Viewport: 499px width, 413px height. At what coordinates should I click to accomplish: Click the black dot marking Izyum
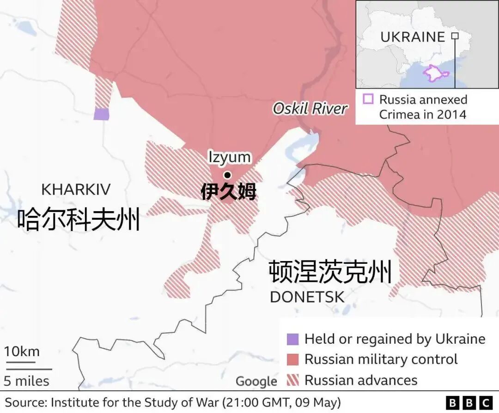click(227, 175)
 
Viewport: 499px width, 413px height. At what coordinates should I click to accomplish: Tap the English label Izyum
click(229, 157)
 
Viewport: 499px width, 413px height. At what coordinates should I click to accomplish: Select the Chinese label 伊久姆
click(228, 192)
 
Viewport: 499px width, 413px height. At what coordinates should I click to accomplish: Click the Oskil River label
click(310, 109)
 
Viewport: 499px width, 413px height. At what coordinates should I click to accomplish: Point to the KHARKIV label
click(76, 189)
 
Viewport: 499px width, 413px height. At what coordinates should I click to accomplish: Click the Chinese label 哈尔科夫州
click(79, 219)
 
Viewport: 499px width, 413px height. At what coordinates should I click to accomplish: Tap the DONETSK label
click(307, 297)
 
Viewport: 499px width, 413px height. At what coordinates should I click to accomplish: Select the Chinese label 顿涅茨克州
click(330, 272)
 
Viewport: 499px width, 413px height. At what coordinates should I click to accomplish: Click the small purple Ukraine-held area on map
click(101, 114)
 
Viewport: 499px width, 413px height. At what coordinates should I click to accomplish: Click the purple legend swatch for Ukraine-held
click(292, 339)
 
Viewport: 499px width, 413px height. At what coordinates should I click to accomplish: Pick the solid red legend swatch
click(292, 359)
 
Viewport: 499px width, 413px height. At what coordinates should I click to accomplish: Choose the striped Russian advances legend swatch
click(292, 380)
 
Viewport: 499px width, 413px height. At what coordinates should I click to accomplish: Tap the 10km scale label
click(22, 352)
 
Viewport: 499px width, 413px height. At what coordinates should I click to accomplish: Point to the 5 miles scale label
click(27, 381)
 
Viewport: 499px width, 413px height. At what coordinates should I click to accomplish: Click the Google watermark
click(256, 382)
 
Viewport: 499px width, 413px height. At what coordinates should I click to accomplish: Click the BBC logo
click(469, 402)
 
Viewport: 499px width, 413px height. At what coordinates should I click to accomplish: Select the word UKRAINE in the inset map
click(413, 37)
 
